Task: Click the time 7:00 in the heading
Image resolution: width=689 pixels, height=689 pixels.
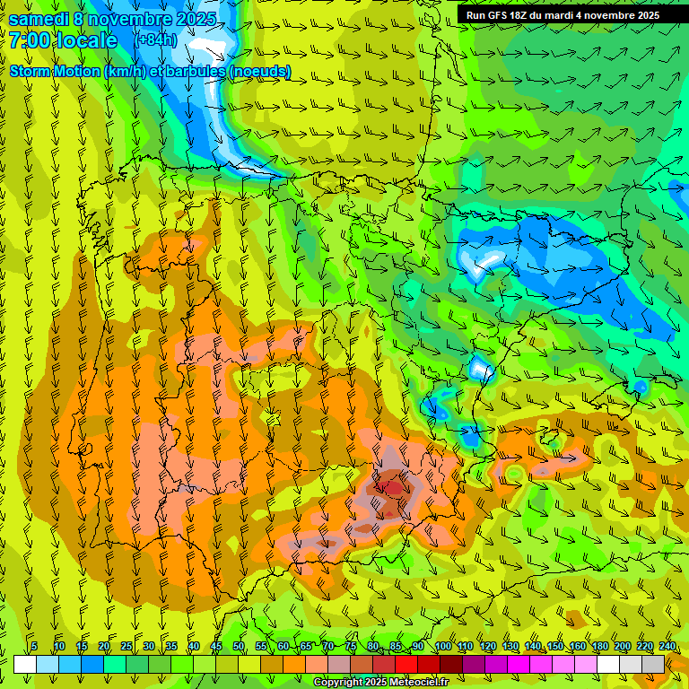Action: [x=31, y=40]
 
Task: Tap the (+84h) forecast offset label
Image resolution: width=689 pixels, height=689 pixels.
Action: [x=155, y=40]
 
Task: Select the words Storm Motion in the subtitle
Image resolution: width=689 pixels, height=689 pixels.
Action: [x=54, y=71]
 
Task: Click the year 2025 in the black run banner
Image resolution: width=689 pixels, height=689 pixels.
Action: [x=643, y=15]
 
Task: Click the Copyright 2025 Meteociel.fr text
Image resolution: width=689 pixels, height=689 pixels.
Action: [x=380, y=683]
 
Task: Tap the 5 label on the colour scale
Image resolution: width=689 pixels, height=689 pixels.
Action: [x=34, y=647]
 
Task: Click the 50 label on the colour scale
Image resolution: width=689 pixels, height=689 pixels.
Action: [x=239, y=647]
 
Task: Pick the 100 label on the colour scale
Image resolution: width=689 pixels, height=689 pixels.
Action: [x=442, y=647]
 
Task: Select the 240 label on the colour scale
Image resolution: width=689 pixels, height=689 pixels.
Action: [x=667, y=647]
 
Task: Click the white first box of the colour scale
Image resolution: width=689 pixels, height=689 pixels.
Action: [x=24, y=664]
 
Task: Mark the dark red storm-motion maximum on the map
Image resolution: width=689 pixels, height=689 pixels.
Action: [x=393, y=487]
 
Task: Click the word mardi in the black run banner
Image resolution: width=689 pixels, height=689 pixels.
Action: [x=560, y=15]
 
